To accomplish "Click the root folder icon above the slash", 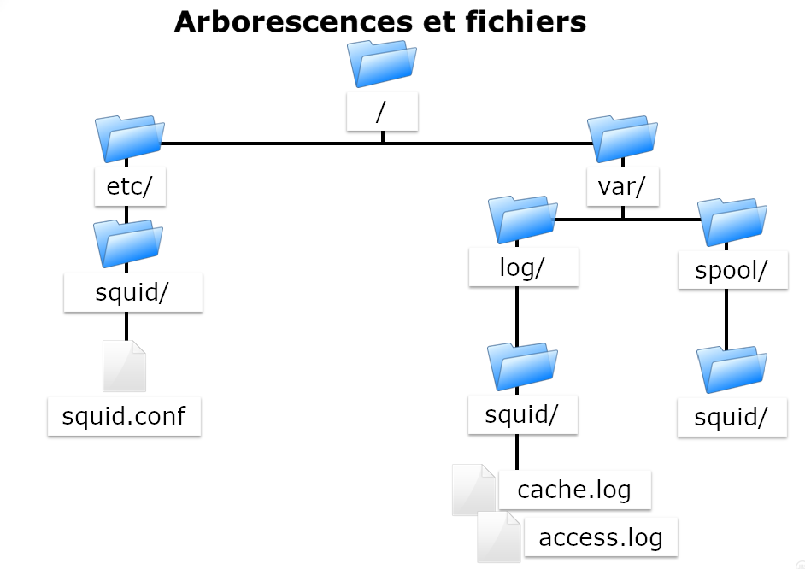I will [382, 63].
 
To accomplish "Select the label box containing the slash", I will [382, 112].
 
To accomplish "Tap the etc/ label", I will [130, 187].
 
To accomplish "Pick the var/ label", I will [622, 187].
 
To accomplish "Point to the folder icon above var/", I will [622, 138].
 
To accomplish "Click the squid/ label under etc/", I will [132, 292].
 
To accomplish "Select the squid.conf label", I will [124, 416].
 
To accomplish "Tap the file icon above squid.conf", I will [125, 366].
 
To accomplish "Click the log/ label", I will [523, 267].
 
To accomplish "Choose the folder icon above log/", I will [523, 219].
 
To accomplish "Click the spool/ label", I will [732, 270].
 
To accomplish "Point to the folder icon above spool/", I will [732, 221].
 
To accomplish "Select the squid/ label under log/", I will [522, 414].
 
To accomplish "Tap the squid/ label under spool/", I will [732, 418].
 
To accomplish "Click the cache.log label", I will [574, 490].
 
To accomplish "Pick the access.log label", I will [600, 537].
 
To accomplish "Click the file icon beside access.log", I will [498, 537].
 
